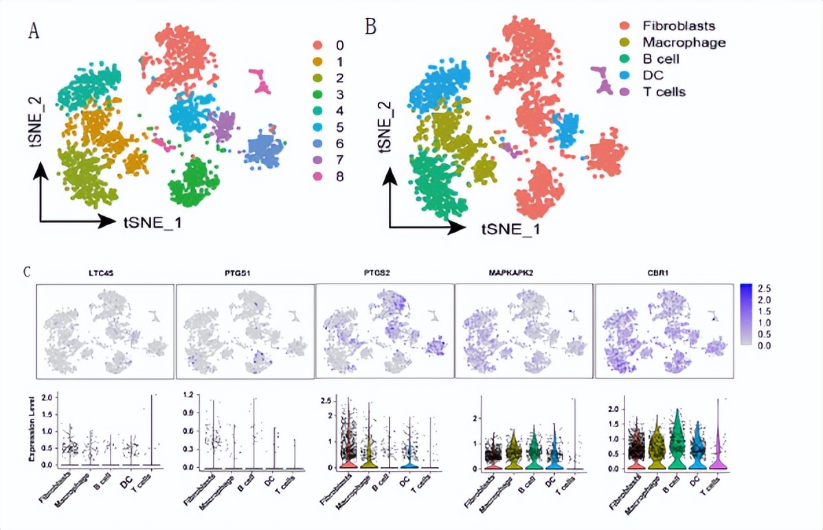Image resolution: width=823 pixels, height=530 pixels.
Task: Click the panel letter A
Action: click(33, 31)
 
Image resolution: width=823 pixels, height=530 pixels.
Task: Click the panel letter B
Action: click(371, 27)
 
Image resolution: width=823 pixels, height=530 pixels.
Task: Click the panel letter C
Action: click(27, 271)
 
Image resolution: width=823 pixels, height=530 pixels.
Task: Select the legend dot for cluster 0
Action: click(317, 45)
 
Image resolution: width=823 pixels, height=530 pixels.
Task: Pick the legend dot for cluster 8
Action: click(317, 176)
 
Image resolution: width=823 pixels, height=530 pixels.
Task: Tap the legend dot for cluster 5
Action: click(317, 128)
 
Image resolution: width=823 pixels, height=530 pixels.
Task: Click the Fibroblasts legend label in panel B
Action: click(679, 26)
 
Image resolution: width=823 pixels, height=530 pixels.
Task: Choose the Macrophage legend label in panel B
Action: click(684, 43)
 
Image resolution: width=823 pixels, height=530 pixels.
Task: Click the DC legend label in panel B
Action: click(653, 75)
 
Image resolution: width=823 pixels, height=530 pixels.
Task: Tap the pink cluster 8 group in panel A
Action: click(260, 80)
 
